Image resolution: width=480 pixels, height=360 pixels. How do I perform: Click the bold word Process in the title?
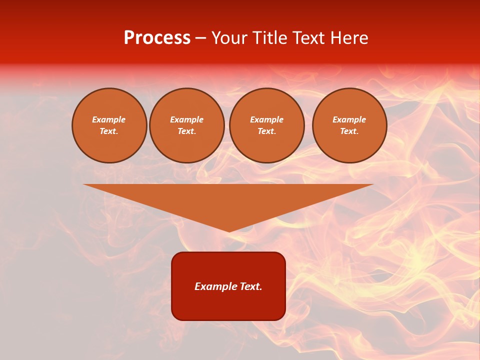pyautogui.click(x=157, y=38)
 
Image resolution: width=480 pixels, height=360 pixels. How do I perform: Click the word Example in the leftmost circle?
pyautogui.click(x=109, y=119)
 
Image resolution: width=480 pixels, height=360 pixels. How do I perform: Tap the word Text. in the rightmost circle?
pyautogui.click(x=349, y=131)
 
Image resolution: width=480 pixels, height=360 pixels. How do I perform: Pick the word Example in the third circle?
pyautogui.click(x=266, y=119)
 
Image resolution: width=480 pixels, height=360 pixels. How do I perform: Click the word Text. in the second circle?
pyautogui.click(x=186, y=131)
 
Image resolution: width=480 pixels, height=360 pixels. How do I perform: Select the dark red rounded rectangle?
pyautogui.click(x=228, y=305)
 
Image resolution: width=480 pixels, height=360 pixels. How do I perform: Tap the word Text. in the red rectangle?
pyautogui.click(x=250, y=286)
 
